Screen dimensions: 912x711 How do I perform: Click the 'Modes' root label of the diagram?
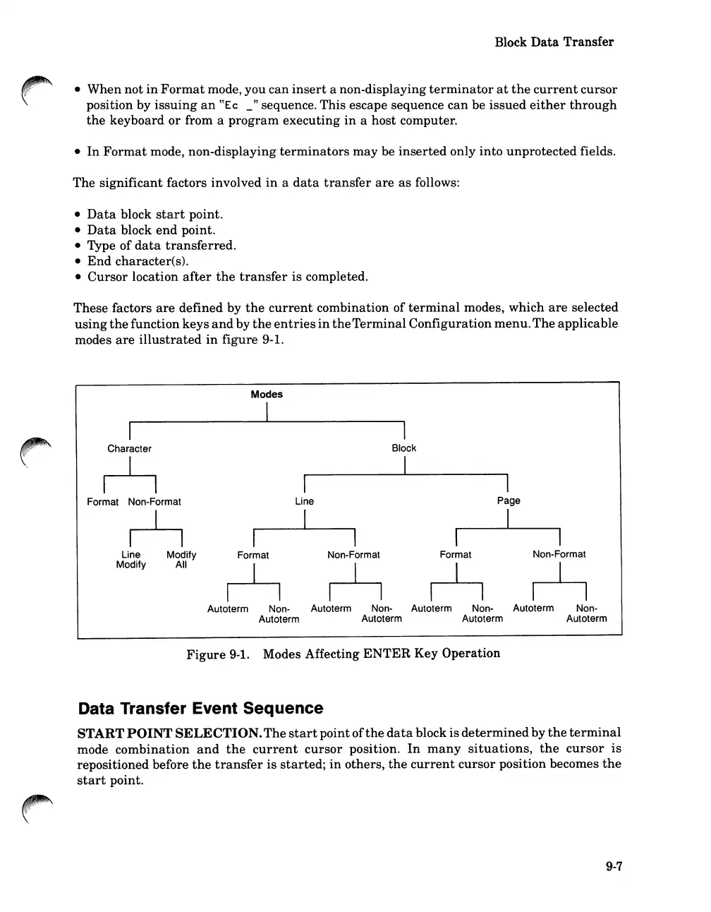tap(267, 395)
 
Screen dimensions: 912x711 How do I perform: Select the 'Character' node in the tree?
tap(129, 449)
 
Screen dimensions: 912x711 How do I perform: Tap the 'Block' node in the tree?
tap(404, 448)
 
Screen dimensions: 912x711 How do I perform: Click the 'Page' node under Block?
tap(509, 500)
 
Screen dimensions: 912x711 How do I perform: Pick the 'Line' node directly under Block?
tap(304, 501)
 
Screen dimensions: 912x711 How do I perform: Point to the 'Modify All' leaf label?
tap(181, 560)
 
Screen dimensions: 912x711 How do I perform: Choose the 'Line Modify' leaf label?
tap(131, 560)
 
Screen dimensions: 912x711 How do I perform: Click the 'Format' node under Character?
tap(102, 502)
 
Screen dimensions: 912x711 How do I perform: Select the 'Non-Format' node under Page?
tap(559, 554)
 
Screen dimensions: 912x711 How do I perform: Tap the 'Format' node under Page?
tap(456, 555)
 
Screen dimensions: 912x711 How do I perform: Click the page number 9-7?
tap(614, 868)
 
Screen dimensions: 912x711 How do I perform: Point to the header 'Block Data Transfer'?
tap(554, 42)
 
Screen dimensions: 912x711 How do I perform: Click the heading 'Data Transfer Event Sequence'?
tap(200, 708)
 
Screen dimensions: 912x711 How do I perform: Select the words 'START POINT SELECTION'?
tap(169, 733)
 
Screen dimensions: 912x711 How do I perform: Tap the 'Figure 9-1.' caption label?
tap(218, 654)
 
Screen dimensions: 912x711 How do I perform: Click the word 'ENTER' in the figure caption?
tap(387, 654)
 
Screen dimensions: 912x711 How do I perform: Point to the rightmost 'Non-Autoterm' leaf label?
tap(586, 613)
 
